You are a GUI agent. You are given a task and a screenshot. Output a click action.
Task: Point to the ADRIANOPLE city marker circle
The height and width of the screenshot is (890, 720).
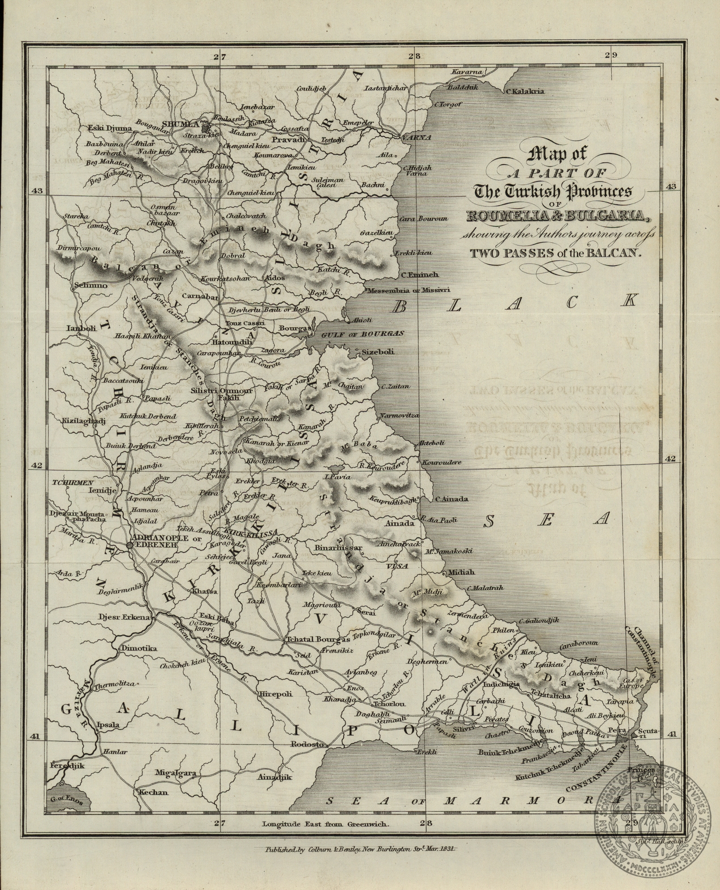point(130,545)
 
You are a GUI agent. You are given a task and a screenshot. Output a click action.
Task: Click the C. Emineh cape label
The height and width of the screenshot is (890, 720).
point(420,275)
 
